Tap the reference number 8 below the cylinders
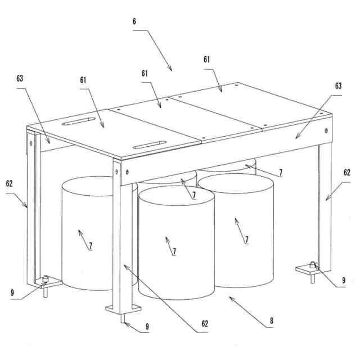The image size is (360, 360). tap(271, 321)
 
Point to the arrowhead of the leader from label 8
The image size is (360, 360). tap(231, 298)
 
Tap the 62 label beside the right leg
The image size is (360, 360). tap(346, 173)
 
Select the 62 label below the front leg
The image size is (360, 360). tap(205, 323)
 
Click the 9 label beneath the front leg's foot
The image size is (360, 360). tap(147, 326)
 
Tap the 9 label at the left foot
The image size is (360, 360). tap(12, 292)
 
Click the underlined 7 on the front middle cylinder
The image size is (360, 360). tap(174, 250)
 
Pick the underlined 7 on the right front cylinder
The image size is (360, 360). tap(246, 240)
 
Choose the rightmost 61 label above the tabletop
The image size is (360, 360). tap(207, 58)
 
